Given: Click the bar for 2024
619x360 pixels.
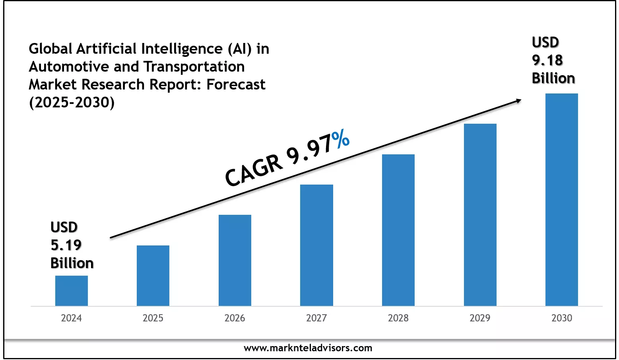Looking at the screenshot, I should (72, 291).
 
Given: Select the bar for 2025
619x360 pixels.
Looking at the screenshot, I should (153, 276).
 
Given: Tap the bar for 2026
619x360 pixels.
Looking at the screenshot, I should (235, 260).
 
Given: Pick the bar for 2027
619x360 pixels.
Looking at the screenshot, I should (316, 245).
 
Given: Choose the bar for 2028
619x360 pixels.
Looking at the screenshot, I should (398, 230).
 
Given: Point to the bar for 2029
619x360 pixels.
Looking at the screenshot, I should (480, 215).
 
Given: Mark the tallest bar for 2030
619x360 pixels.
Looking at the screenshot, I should (562, 200).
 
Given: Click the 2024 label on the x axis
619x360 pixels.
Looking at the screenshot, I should (72, 318).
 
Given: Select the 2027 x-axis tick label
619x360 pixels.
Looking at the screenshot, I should (316, 318).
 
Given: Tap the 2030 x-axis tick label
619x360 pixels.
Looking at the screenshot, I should (562, 318).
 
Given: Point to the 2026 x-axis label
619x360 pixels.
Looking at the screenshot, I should (235, 318).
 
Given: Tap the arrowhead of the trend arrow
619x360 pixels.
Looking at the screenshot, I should (518, 101).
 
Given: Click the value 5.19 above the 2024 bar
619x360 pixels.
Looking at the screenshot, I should (66, 245).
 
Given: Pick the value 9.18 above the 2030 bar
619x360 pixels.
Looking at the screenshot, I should (547, 60).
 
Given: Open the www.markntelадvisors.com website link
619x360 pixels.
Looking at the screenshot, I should (308, 348).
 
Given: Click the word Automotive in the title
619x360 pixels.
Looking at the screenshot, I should (69, 67).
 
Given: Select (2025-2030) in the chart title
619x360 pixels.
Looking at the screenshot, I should (72, 103).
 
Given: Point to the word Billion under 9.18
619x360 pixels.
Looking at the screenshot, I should (553, 78).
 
